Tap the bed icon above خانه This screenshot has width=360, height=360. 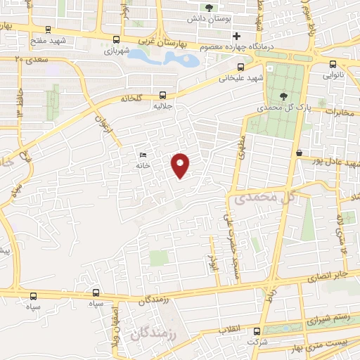pyautogui.click(x=143, y=155)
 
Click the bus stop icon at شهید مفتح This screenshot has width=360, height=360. pyautogui.click(x=48, y=30)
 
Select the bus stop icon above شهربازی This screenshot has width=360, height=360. pyautogui.click(x=116, y=40)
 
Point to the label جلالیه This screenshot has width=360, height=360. pyautogui.click(x=163, y=108)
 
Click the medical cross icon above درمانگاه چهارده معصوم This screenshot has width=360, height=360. pyautogui.click(x=236, y=36)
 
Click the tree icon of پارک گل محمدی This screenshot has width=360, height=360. pyautogui.click(x=283, y=96)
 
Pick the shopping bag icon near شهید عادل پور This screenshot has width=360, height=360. pyautogui.click(x=299, y=153)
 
